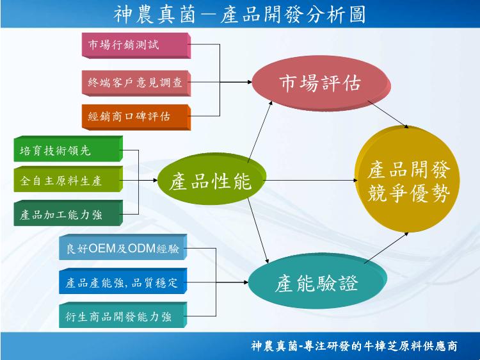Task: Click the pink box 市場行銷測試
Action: [136, 45]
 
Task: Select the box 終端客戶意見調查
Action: [136, 83]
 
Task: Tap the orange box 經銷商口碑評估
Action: [136, 117]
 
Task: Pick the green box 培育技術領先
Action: [68, 149]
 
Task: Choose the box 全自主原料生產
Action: [68, 179]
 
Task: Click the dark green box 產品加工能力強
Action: [68, 213]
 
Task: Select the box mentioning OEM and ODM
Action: [123, 247]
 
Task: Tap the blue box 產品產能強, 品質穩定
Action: [123, 281]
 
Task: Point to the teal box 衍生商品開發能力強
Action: [123, 315]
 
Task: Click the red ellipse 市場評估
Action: [321, 83]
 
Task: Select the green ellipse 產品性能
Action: [211, 179]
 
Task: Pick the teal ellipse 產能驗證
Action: [317, 281]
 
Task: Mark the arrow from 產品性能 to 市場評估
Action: [260, 132]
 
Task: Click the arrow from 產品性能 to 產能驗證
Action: [258, 231]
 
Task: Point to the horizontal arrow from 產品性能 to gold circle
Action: [310, 180]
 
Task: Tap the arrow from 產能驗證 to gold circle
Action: [387, 247]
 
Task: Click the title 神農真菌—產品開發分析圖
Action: [240, 14]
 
